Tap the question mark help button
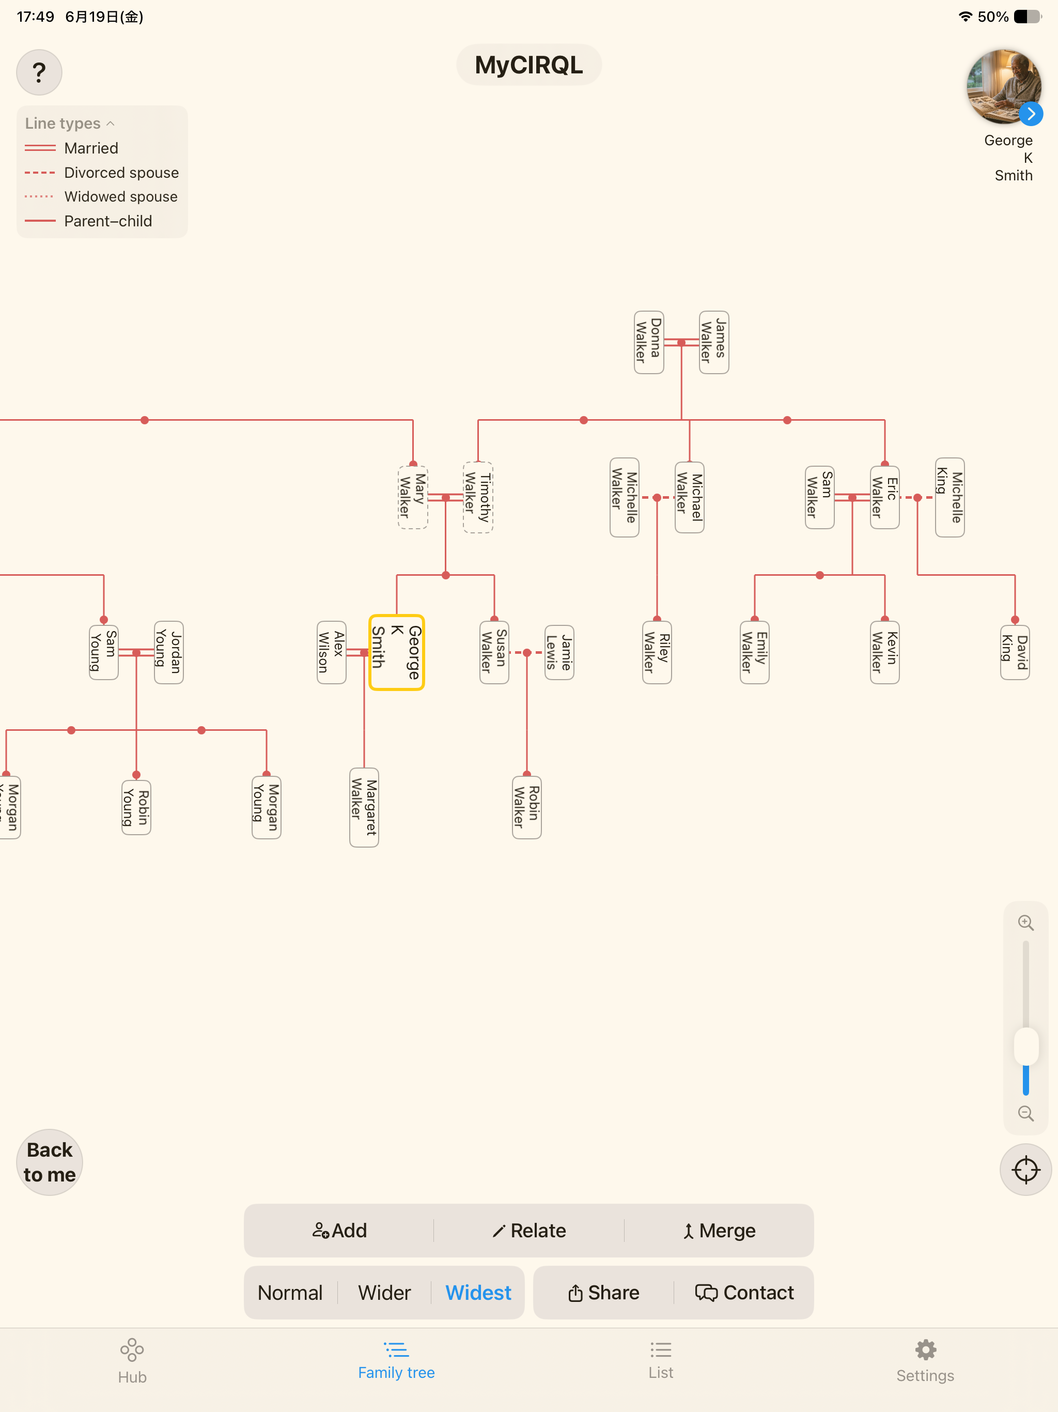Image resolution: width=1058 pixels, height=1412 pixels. pos(39,72)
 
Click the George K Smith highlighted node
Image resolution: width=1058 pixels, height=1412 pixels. pos(396,652)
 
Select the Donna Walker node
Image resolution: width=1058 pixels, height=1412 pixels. pos(648,342)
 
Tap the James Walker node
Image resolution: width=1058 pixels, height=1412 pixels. pos(713,342)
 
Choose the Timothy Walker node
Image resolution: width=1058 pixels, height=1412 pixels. pos(477,497)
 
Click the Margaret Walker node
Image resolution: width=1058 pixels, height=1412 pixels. pos(364,807)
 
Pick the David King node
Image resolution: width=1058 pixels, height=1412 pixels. pos(1015,652)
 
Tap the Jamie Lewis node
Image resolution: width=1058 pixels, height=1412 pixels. pos(559,652)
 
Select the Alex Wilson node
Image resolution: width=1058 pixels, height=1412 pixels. pos(331,652)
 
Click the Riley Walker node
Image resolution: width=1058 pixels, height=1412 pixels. pos(657,652)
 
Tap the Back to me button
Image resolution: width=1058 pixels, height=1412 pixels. pos(50,1162)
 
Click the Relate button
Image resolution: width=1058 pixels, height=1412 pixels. pos(529,1231)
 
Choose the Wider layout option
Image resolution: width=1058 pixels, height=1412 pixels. pos(384,1293)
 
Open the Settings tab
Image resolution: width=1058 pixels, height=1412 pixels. pos(925,1361)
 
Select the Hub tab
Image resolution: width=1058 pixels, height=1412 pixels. pos(132,1361)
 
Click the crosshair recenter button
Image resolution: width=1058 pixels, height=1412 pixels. pos(1025,1170)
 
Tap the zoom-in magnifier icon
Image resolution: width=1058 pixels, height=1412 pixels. pos(1025,923)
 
